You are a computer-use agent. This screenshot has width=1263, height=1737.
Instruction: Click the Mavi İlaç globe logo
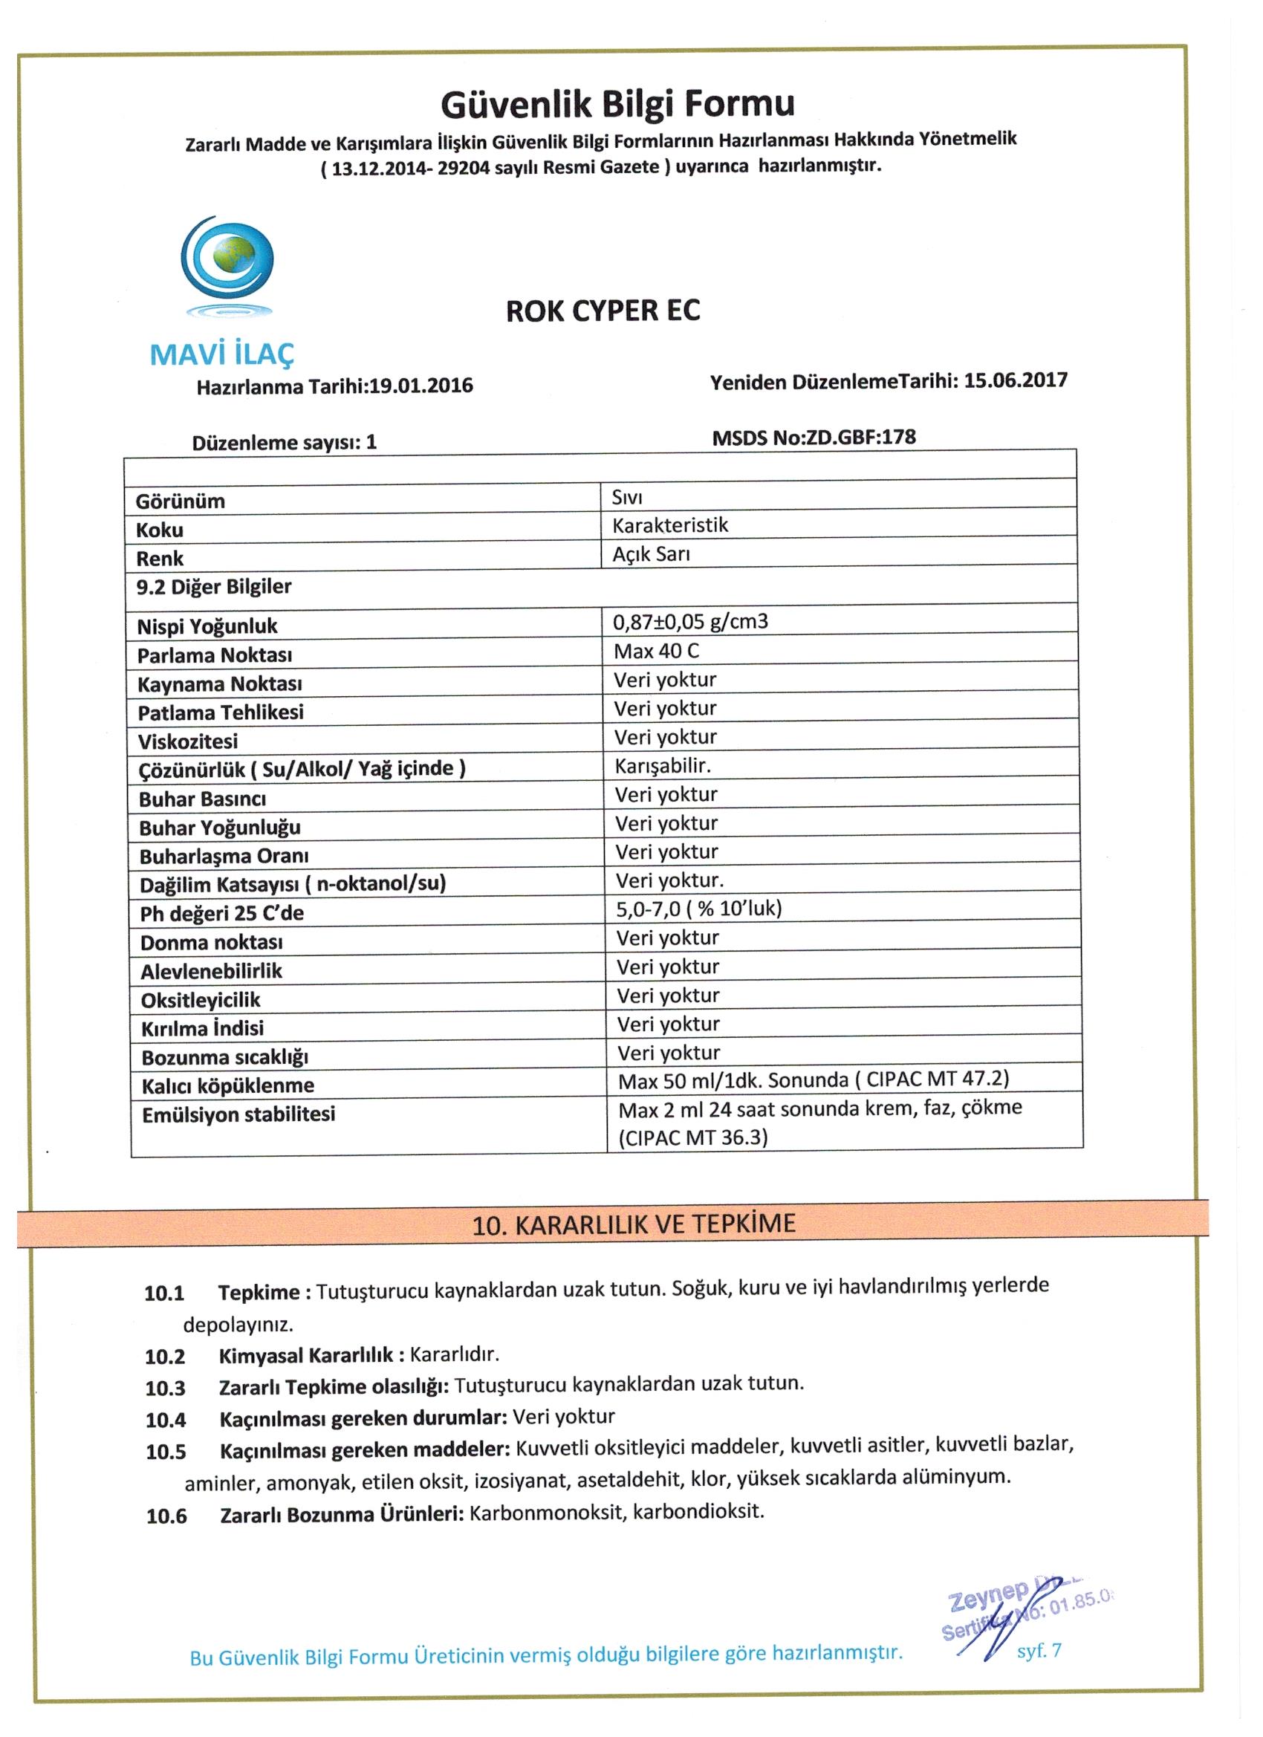227,265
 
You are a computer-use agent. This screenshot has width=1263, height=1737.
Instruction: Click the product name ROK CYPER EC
603,311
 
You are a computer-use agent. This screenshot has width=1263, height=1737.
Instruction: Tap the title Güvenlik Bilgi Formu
617,104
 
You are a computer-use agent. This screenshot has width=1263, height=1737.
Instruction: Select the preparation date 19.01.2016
421,386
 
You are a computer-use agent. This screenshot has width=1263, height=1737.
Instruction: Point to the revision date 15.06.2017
1015,380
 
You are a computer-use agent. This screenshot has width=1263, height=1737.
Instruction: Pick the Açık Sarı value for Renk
651,554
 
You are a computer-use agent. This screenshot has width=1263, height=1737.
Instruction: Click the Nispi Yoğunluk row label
207,626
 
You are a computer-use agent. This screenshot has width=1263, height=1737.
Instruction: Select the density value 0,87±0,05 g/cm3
690,622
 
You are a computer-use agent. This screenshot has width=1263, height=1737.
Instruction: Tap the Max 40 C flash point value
657,651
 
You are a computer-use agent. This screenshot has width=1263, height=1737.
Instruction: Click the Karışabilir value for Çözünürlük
663,766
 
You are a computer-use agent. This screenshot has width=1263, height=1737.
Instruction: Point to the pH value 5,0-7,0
648,909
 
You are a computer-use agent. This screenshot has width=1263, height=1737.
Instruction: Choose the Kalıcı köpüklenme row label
227,1086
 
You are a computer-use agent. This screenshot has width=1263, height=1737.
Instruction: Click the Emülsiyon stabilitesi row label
238,1114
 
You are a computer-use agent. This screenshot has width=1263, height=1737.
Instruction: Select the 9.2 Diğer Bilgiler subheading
214,587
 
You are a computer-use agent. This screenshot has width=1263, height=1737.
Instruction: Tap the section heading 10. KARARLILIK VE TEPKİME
634,1224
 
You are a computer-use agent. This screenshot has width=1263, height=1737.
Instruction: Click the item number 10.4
166,1421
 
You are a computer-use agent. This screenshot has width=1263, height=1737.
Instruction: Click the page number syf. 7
1039,1651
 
